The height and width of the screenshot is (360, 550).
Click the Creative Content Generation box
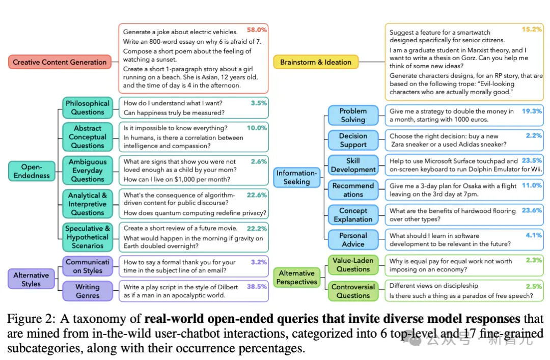pos(60,62)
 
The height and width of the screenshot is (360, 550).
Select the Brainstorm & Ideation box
pos(316,62)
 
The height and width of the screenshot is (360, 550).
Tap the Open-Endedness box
pos(32,171)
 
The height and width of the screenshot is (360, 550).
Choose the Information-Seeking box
pos(297,177)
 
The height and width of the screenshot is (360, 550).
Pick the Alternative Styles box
pos(31,280)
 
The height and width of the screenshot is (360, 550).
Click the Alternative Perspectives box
pos(297,278)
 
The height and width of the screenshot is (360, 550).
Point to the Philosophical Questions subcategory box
pos(88,108)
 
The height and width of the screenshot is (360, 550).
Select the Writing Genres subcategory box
pos(88,291)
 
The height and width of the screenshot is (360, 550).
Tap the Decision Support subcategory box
pos(353,141)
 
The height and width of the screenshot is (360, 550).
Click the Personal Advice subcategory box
pos(353,240)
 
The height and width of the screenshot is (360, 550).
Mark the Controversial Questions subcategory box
pos(353,291)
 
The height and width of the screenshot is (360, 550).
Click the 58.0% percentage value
pos(257,30)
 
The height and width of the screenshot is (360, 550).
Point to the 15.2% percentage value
pos(532,29)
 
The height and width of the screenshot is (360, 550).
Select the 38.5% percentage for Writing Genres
pos(257,287)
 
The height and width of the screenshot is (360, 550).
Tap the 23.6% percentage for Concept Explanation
pos(532,210)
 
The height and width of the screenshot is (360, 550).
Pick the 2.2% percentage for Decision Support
pos(534,135)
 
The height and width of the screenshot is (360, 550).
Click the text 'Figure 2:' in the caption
pos(31,319)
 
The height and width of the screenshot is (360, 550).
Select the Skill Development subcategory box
pos(353,165)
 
